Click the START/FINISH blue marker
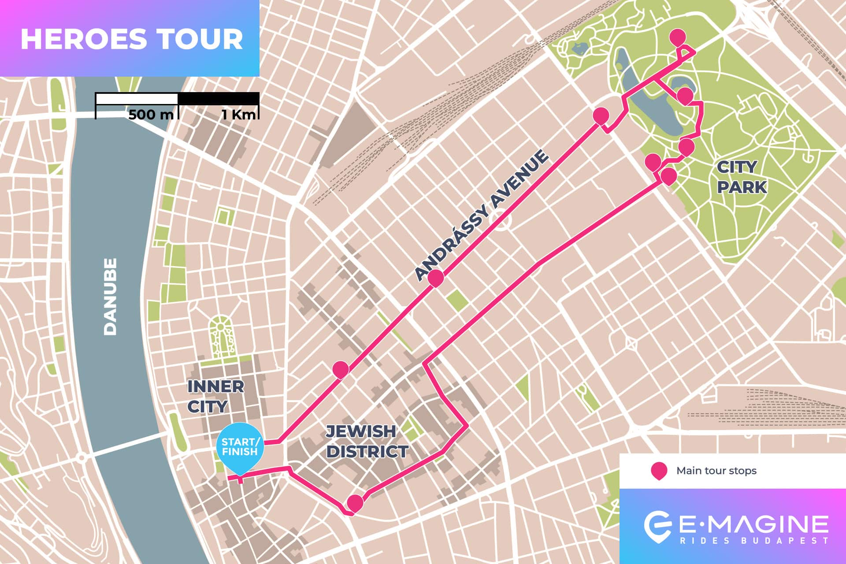(240, 446)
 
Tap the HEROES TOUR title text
(131, 39)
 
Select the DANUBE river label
(110, 297)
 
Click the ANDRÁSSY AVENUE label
(482, 216)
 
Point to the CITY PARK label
(742, 177)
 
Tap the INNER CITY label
(215, 396)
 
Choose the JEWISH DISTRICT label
(367, 442)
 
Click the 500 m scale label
(151, 115)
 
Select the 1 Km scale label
(238, 115)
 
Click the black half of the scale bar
(218, 99)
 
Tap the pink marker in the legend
(658, 470)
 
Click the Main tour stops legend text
(716, 471)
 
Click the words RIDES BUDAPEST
(754, 541)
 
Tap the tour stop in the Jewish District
(355, 502)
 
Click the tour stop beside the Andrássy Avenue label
(435, 278)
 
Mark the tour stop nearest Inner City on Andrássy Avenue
(340, 369)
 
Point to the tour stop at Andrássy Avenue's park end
(601, 115)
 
